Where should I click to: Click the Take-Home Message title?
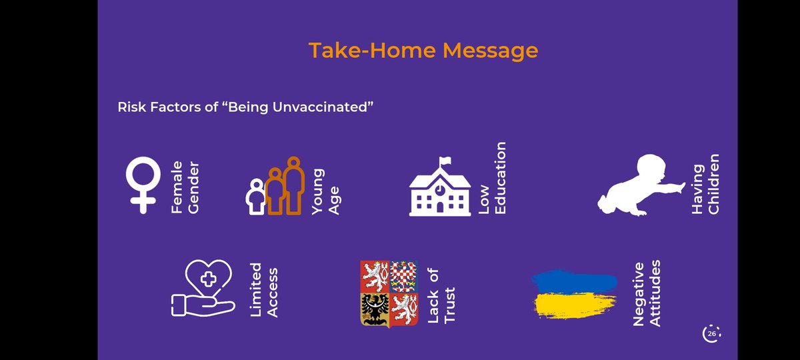(x=423, y=50)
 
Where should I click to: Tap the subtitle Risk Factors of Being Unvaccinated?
(x=244, y=107)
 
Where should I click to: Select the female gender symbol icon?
(x=143, y=184)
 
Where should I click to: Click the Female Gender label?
(x=185, y=187)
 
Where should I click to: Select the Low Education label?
(x=493, y=178)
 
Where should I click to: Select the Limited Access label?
(x=263, y=290)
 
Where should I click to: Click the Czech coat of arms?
(x=389, y=293)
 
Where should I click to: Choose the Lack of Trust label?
(x=441, y=295)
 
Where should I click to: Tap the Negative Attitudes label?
(x=646, y=294)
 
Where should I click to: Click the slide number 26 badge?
(x=711, y=333)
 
